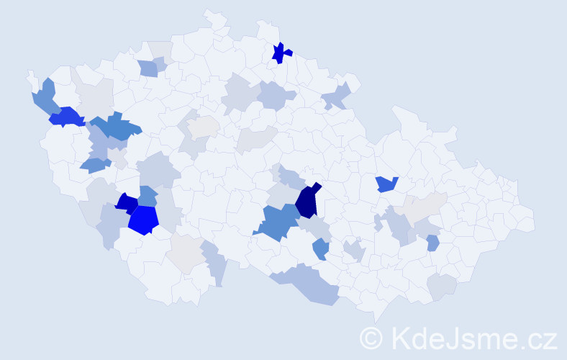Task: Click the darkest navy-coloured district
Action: pyautogui.click(x=307, y=202)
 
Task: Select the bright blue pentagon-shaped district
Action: pyautogui.click(x=143, y=220)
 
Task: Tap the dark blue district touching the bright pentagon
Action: pyautogui.click(x=126, y=204)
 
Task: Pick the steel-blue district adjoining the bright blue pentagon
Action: pyautogui.click(x=148, y=196)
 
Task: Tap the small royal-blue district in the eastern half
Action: pyautogui.click(x=387, y=184)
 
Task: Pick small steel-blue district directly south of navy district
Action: pyautogui.click(x=321, y=250)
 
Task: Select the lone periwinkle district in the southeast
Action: pyautogui.click(x=432, y=243)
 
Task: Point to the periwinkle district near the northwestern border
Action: pyautogui.click(x=148, y=68)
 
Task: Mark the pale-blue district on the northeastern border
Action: pyautogui.click(x=337, y=96)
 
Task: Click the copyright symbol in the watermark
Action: pyautogui.click(x=371, y=338)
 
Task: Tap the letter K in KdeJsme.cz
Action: pyautogui.click(x=400, y=338)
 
